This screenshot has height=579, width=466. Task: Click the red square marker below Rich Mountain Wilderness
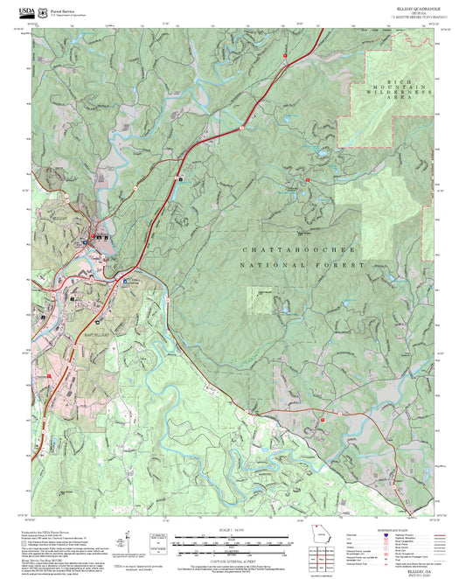click(308, 179)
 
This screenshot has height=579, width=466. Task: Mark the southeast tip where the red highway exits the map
click(411, 517)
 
